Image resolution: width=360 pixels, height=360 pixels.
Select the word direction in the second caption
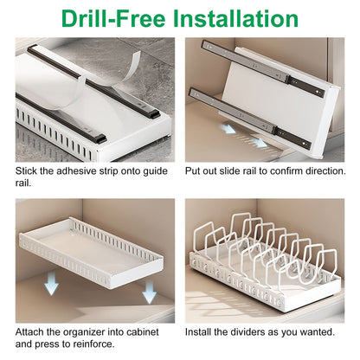tap(316, 171)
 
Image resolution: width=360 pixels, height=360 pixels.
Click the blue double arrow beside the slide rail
tap(228, 127)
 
